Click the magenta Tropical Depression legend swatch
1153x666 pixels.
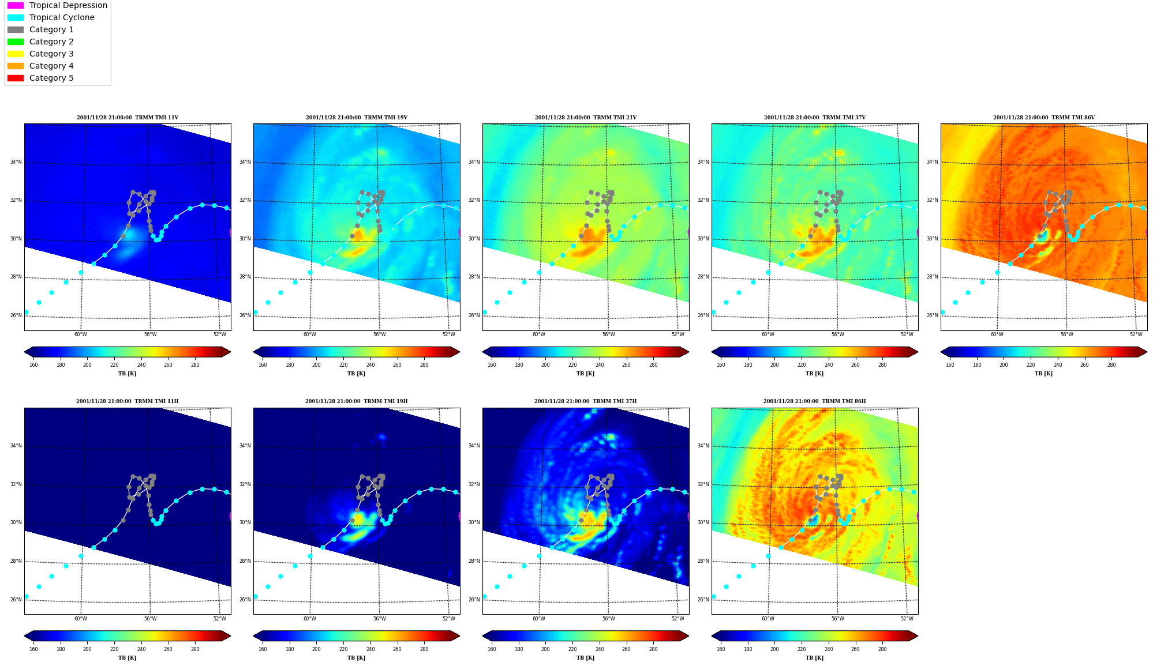coord(16,5)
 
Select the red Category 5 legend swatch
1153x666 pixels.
coord(16,78)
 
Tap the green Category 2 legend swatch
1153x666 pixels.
coord(16,42)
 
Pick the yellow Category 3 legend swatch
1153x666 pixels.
coord(16,54)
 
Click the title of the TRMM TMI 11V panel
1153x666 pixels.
coord(128,118)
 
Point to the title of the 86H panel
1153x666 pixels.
coord(814,401)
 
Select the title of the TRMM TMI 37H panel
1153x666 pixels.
coord(585,401)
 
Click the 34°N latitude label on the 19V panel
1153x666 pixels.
coord(245,162)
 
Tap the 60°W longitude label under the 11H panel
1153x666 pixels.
coord(81,619)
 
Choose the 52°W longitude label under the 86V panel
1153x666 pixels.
coord(1136,334)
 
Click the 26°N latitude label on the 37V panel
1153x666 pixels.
coord(703,315)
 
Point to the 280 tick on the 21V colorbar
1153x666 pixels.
coord(653,365)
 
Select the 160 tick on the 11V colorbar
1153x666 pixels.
coord(33,365)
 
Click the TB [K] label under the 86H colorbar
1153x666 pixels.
coord(814,658)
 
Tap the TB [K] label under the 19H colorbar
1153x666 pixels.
coord(356,658)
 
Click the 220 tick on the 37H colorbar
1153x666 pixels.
coord(572,649)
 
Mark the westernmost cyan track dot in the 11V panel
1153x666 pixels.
coord(26,312)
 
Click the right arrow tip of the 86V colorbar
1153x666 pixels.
coord(1147,352)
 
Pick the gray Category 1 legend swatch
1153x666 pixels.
coord(16,29)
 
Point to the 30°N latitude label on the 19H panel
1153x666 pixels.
coord(245,522)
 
